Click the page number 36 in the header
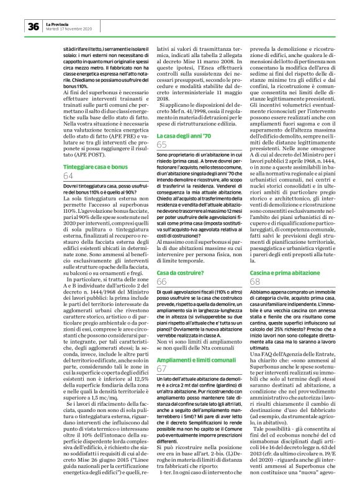(x=34, y=25)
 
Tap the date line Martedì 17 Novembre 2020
(x=69, y=28)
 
